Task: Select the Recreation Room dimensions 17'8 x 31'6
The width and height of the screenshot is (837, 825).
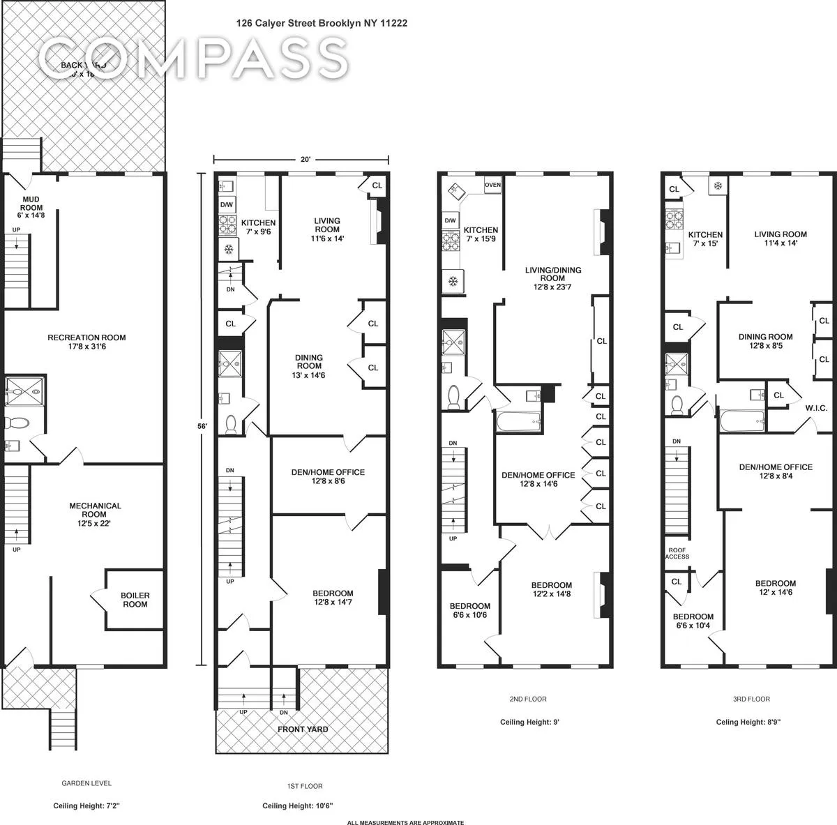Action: [x=86, y=347]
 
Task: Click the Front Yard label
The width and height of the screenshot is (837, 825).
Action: [x=303, y=729]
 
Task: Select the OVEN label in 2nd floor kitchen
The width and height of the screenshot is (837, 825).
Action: [x=492, y=185]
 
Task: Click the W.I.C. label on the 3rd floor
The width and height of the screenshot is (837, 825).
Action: [x=815, y=408]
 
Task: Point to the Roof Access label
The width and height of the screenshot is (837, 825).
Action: [x=677, y=552]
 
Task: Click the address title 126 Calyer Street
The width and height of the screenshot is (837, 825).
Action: [x=322, y=23]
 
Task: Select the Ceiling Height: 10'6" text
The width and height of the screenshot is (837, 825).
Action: [x=297, y=805]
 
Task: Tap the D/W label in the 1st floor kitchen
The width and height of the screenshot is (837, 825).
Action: [x=227, y=205]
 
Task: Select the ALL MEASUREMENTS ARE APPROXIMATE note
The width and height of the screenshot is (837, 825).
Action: [x=405, y=822]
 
